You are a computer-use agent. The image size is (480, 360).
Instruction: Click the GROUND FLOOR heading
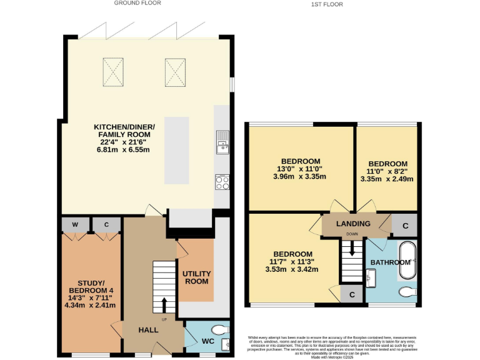coord(137,3)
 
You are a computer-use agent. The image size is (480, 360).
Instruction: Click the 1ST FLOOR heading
coord(327,4)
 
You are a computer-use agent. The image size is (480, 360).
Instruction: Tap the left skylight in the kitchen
coord(112,72)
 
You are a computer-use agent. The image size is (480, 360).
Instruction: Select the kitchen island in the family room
coord(177,150)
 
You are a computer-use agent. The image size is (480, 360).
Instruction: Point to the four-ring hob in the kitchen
coord(222,182)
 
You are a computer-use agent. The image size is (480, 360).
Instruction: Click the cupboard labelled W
coord(75,224)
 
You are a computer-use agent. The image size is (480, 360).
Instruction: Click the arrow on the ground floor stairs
coord(164,304)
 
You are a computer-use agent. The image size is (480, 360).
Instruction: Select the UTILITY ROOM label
coord(196,277)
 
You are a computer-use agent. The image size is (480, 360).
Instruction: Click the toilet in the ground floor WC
coord(219,329)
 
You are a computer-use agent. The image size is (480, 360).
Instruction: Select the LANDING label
coord(353,224)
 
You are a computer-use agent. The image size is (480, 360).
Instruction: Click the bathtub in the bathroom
coord(407,259)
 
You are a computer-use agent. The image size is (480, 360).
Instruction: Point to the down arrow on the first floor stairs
coord(352,249)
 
